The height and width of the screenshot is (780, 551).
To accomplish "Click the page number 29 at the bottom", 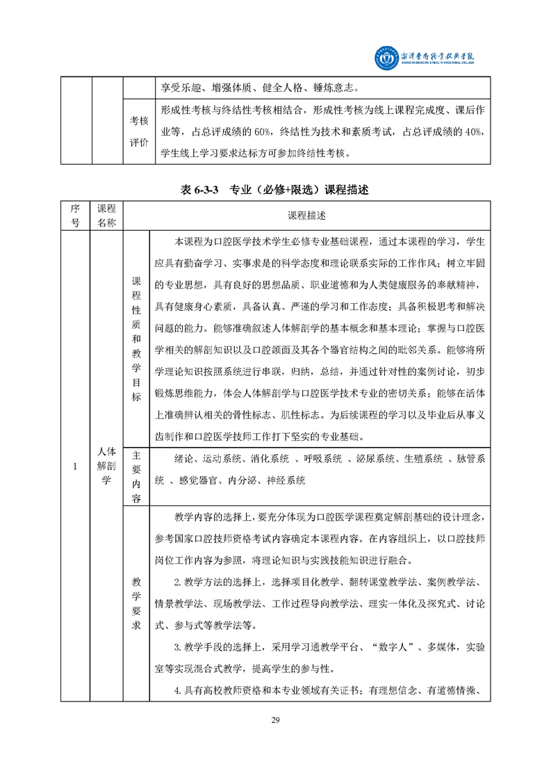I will [275, 720].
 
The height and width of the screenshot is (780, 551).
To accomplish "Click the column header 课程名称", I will [106, 216].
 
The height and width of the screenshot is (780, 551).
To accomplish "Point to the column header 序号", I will [74, 216].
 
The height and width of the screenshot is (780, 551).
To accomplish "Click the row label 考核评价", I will [139, 131].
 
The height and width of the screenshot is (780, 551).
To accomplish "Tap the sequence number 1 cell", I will [74, 466].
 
